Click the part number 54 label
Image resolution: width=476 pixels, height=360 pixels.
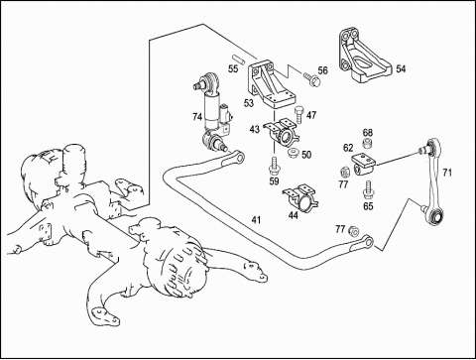point(401,69)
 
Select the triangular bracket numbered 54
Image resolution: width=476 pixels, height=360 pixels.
point(364,57)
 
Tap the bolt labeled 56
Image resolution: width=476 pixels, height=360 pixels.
point(311,78)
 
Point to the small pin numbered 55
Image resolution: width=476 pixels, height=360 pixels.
point(238,59)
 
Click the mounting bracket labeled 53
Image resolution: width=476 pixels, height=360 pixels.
point(271,83)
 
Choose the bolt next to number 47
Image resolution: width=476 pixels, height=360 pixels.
point(298,114)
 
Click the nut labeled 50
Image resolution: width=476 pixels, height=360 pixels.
point(294,153)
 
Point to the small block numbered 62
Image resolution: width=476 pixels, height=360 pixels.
point(363,164)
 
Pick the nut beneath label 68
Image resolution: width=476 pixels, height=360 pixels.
point(368,144)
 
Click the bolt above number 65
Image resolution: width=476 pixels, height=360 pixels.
point(368,190)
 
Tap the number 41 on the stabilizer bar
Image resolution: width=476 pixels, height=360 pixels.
point(256,220)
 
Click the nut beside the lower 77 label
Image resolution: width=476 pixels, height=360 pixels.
point(354,231)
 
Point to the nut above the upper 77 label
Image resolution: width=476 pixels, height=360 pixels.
point(345,172)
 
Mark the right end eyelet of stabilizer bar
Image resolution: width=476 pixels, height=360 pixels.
point(368,242)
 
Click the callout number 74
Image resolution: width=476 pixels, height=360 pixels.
point(197,117)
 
